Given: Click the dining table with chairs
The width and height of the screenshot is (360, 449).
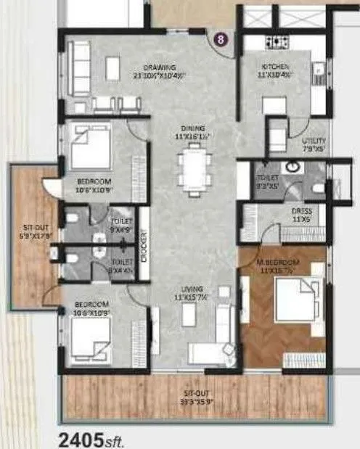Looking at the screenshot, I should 193,165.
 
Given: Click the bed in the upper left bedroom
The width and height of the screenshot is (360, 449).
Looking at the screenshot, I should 91,152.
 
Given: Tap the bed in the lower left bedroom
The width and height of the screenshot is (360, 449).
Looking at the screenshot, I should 91,337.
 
